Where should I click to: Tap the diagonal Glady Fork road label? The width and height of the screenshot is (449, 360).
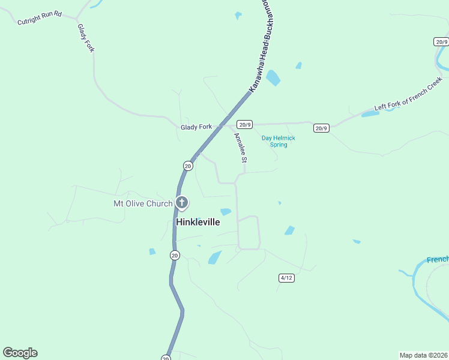click(x=86, y=38)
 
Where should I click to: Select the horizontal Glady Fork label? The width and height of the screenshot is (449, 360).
click(x=196, y=127)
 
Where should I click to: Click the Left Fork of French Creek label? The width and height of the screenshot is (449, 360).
click(x=408, y=94)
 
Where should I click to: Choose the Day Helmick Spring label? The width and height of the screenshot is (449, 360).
click(x=279, y=141)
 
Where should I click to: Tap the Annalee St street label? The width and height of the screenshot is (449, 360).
click(x=240, y=148)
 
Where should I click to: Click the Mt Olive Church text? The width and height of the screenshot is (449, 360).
click(x=143, y=203)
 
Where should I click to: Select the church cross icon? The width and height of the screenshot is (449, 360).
click(x=181, y=203)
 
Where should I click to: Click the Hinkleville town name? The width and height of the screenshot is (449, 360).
click(x=197, y=222)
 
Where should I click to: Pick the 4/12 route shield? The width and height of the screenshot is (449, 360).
click(x=286, y=278)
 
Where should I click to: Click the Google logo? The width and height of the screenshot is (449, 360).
click(x=20, y=353)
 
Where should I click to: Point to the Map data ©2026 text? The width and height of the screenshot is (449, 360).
click(x=423, y=355)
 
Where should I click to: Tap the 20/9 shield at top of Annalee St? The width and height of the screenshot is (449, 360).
click(x=244, y=125)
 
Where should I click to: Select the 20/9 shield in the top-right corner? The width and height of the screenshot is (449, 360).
click(x=441, y=41)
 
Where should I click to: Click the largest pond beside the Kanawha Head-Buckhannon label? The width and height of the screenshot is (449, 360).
click(x=273, y=78)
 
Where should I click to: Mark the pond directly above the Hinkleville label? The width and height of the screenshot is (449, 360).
click(x=226, y=211)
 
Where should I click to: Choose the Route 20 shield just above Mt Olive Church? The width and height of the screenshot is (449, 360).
click(x=188, y=166)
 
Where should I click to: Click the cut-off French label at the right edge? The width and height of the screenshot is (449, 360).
click(x=438, y=260)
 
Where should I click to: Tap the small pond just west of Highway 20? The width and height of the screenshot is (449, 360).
click(x=152, y=251)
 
